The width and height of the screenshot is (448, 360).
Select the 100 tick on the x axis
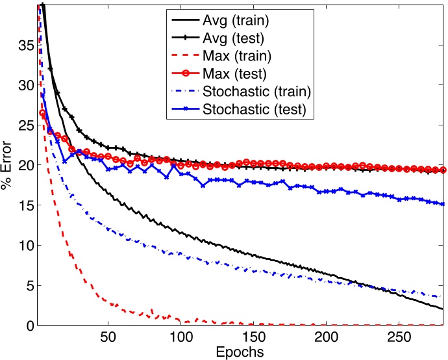pos(180,338)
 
